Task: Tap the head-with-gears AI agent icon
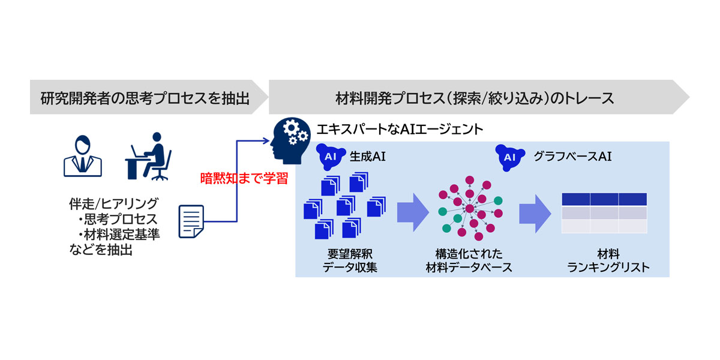tap(291, 140)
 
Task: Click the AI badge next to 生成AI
tap(329, 157)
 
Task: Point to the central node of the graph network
tap(469, 208)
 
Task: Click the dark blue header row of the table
tap(604, 199)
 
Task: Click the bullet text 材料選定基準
tap(122, 235)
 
